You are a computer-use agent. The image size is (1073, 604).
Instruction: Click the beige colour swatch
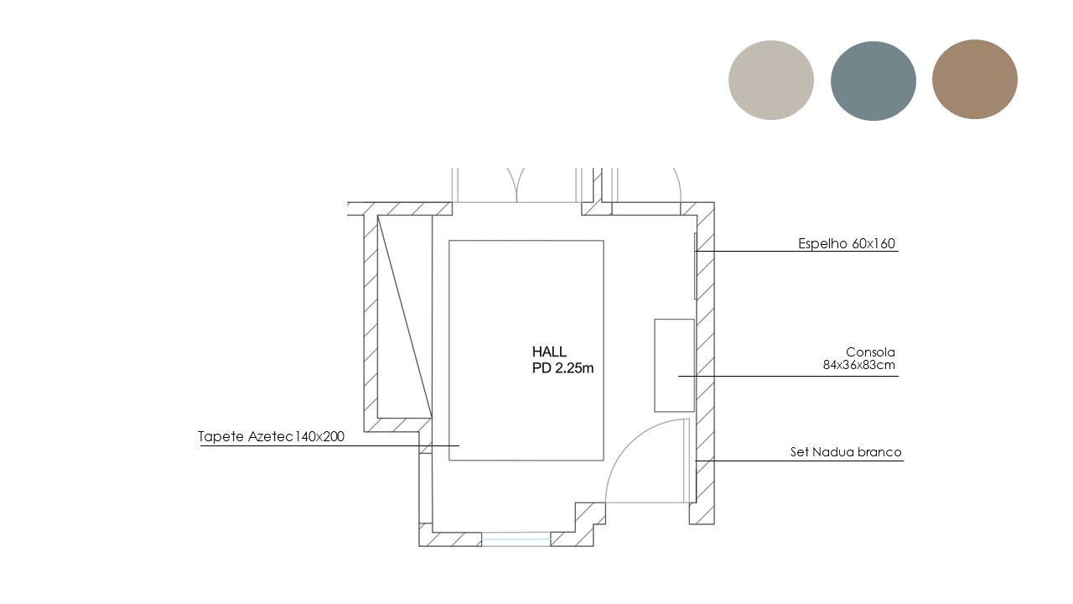(770, 80)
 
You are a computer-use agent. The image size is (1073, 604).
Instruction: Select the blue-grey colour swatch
(873, 81)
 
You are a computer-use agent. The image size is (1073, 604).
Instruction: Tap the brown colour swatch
(975, 79)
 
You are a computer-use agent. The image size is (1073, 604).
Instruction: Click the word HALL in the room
(549, 351)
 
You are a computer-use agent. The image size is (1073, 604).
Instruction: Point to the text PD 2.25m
(562, 368)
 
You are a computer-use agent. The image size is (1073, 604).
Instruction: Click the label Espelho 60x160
(847, 243)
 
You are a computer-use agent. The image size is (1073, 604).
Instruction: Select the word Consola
(870, 352)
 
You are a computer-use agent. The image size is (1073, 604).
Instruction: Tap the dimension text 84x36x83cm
(859, 365)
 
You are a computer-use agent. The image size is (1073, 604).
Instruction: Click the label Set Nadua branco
(846, 452)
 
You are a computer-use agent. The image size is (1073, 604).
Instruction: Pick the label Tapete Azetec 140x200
(271, 437)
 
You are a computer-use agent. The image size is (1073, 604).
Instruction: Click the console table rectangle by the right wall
(675, 365)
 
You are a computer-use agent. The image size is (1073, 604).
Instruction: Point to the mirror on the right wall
(696, 266)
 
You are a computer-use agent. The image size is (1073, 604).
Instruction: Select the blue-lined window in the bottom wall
(516, 539)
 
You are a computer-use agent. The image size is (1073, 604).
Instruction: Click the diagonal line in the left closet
(405, 317)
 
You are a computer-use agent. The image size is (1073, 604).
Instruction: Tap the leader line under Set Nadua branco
(800, 461)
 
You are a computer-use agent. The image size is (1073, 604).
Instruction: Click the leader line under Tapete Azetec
(329, 445)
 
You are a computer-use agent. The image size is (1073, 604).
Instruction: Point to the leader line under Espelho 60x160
(796, 251)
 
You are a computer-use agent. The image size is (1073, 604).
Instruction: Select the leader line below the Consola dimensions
(788, 377)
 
